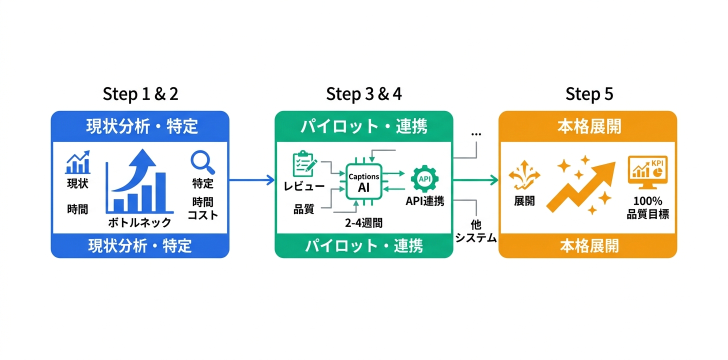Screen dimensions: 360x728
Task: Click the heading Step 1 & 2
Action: (x=140, y=93)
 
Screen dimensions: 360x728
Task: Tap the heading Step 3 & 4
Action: (x=363, y=93)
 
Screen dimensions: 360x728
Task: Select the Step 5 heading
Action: (x=589, y=93)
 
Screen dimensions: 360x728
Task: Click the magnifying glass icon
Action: (x=203, y=162)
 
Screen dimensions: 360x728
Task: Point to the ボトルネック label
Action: (x=139, y=222)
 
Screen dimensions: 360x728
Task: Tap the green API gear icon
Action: (x=424, y=179)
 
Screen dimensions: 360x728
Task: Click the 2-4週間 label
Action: (x=363, y=223)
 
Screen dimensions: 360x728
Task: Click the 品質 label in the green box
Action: (x=303, y=209)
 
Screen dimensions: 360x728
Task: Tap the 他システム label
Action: (x=475, y=231)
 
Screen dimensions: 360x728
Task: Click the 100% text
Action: (x=647, y=201)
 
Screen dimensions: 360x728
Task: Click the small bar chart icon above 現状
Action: (x=78, y=162)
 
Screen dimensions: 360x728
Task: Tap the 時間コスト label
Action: (x=202, y=208)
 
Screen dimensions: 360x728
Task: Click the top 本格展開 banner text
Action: (x=588, y=126)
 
